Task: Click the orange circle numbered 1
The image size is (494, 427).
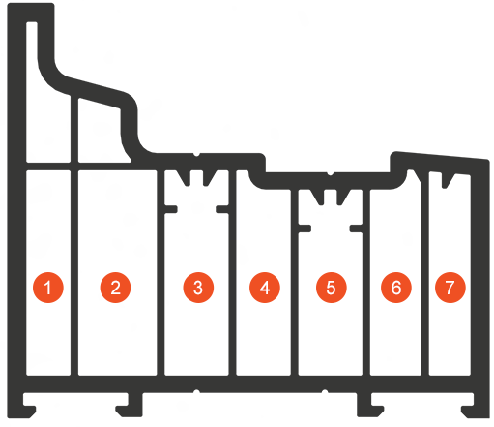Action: point(48,288)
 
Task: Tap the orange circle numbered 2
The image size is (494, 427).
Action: point(115,288)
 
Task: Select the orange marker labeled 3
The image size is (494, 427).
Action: point(198,288)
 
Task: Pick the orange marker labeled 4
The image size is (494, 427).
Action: point(265,288)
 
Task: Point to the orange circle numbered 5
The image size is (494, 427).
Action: point(332,288)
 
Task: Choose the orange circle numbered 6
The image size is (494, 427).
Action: point(396,288)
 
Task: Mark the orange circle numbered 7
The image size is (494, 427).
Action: point(450,288)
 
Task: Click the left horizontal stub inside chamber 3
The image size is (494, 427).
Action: point(170,209)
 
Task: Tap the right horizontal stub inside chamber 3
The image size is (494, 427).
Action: point(222,209)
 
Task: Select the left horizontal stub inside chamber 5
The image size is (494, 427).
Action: point(305,229)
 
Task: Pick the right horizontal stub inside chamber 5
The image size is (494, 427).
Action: point(357,229)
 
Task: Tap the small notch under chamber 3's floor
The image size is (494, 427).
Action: point(196,391)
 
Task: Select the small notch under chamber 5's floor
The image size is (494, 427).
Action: point(325,391)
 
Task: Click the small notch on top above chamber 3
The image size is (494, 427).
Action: point(196,155)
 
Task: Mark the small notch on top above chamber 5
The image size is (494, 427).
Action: point(330,173)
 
